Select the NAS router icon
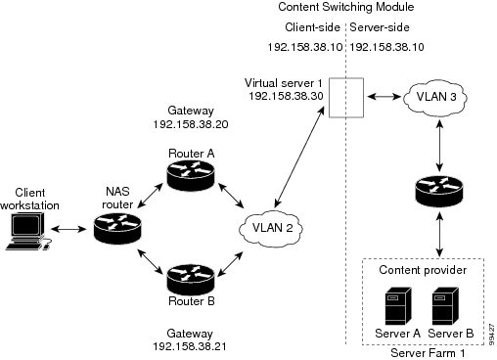point(116,228)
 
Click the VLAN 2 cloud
point(268,227)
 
